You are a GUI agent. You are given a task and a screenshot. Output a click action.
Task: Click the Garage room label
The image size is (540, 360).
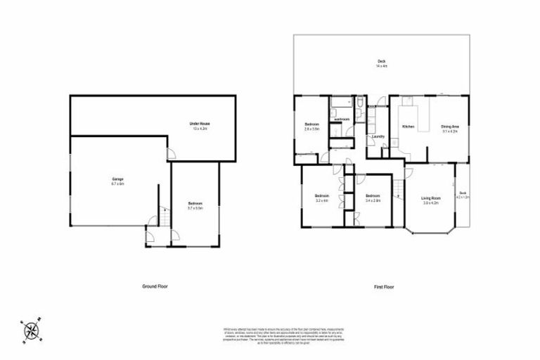[x=117, y=182]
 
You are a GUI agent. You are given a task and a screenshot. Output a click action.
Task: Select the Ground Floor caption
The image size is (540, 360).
[x=154, y=286]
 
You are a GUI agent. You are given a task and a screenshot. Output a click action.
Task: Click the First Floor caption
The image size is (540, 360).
[x=384, y=286]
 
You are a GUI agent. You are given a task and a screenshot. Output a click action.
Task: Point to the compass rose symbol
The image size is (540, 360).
[x=31, y=330]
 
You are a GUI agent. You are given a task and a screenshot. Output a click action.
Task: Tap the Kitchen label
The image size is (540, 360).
[x=408, y=127]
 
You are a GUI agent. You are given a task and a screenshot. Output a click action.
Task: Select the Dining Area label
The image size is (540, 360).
[x=450, y=129]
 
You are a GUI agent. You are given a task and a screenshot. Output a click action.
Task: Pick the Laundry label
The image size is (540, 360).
[x=378, y=136]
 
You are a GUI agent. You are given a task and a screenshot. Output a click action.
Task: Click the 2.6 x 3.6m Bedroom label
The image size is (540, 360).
[x=311, y=127]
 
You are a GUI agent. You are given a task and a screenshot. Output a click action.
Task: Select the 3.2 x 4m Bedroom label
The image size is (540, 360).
[x=322, y=198]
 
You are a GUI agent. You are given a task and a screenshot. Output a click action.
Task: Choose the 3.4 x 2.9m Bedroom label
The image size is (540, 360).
[x=372, y=198]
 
